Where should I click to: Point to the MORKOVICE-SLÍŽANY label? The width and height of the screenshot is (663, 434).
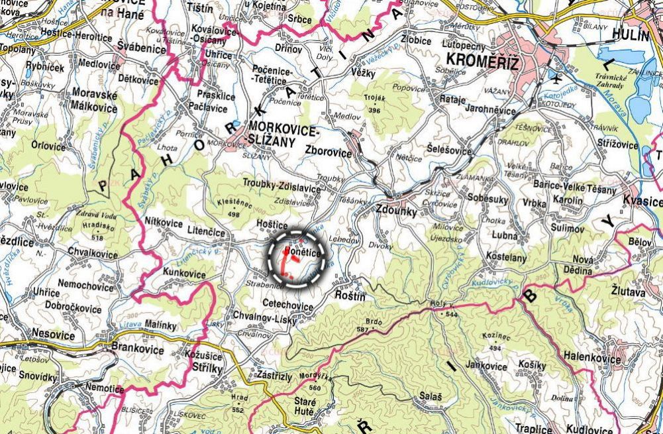tap(280, 133)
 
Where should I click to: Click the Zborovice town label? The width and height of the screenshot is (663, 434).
tap(329, 151)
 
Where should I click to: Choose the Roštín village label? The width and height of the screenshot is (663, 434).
tap(350, 296)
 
